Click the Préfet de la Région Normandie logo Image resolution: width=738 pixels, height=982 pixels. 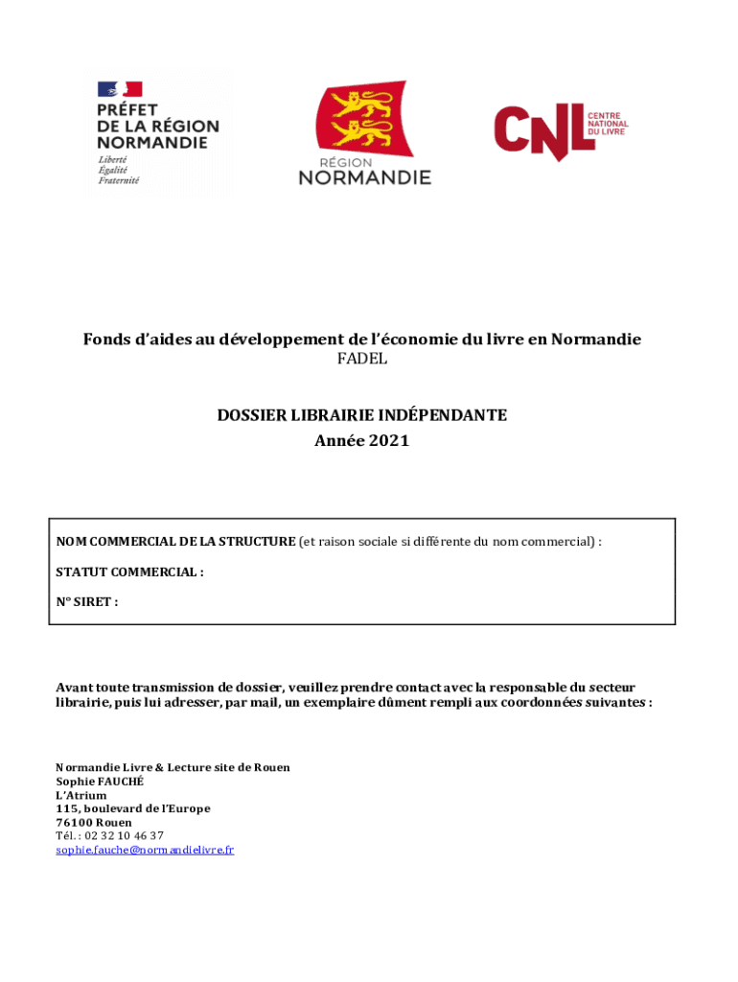coord(157,133)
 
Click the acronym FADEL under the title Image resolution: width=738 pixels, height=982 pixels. coord(361,359)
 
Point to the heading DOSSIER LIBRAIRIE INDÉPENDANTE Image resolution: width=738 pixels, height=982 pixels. coord(361,415)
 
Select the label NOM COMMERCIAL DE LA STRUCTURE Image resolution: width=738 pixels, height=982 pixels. coord(175,542)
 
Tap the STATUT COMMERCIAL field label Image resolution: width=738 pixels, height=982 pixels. coord(129,573)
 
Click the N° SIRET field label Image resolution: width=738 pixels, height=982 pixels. coord(87,602)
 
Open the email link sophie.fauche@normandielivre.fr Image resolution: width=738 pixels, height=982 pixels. coord(145,850)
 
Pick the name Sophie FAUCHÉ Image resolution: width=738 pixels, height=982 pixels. coord(100,782)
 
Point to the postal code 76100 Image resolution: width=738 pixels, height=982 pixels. coord(73,823)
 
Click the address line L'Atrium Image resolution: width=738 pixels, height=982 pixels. coord(81,795)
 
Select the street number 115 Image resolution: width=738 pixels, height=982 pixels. coord(66,808)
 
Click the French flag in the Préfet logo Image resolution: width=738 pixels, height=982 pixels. coord(120,89)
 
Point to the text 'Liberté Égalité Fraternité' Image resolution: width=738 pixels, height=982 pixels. coord(119,170)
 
